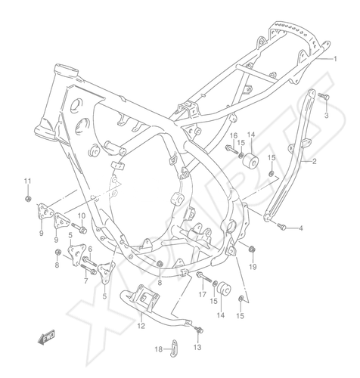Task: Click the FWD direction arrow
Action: [46, 337]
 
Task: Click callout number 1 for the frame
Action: [335, 59]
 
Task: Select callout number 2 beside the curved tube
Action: [314, 161]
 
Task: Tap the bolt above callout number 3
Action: [324, 96]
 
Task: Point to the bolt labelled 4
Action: [281, 226]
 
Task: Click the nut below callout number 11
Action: [28, 199]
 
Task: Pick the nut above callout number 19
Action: [252, 249]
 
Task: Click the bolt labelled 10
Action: [79, 228]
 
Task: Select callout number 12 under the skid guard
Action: [141, 326]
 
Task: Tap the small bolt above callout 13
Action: [199, 330]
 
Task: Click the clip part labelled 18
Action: [173, 349]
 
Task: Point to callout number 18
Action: [159, 349]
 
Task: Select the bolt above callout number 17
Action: [203, 277]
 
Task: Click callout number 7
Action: [85, 281]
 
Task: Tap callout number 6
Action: [90, 249]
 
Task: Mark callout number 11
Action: [27, 181]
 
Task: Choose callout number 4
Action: [300, 228]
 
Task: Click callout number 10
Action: [82, 215]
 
